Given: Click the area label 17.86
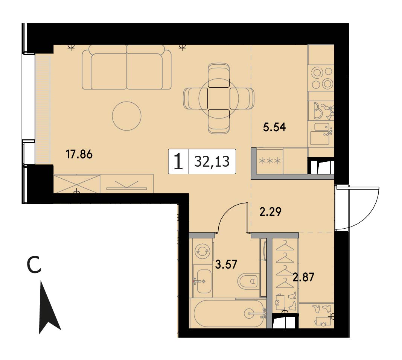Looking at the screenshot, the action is point(79,155).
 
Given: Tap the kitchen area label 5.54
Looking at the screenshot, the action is point(274,127).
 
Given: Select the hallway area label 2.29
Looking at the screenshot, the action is point(271,212).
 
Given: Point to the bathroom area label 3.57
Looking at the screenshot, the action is point(225,264).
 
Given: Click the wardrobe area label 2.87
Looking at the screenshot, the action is point(303,277).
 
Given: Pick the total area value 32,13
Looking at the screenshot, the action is point(212,162).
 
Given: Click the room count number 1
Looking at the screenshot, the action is point(178,162).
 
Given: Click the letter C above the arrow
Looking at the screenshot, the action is point(34,265).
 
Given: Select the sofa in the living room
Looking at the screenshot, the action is point(126,67).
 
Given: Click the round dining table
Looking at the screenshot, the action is point(219,98).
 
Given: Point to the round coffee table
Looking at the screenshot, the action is point(126,116).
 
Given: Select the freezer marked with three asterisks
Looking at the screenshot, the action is point(270,161).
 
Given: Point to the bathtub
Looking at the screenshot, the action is point(228,313).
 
